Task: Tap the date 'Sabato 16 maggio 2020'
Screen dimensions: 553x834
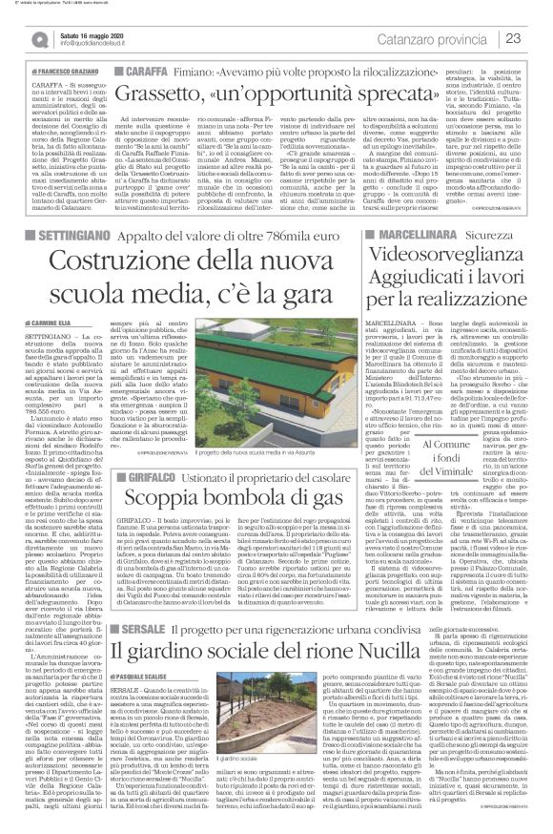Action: pyautogui.click(x=94, y=33)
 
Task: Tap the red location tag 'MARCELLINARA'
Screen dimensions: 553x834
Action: pyautogui.click(x=388, y=232)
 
